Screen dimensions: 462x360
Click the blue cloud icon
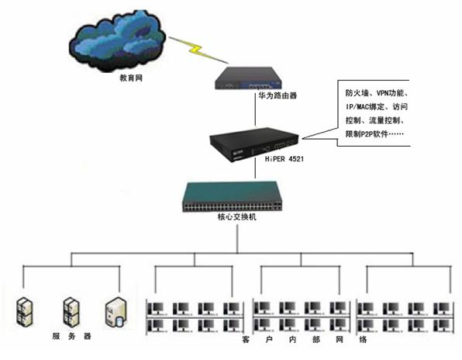point(117,40)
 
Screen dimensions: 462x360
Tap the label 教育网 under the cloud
point(131,78)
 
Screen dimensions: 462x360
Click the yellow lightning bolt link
point(198,50)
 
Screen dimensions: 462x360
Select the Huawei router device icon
point(248,78)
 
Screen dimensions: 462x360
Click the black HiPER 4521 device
point(254,144)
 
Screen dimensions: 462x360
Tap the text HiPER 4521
point(284,159)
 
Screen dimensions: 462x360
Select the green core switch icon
point(233,196)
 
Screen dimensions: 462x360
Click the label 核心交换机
point(236,217)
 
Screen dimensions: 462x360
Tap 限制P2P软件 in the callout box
point(367,134)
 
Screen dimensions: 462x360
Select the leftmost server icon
point(25,312)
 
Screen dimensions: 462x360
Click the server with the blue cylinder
point(116,312)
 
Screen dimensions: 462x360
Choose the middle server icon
point(71,312)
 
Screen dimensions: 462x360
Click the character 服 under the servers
point(56,336)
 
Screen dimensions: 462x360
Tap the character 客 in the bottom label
point(246,339)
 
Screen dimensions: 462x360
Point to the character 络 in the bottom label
point(363,339)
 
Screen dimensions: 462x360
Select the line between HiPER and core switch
point(255,169)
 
